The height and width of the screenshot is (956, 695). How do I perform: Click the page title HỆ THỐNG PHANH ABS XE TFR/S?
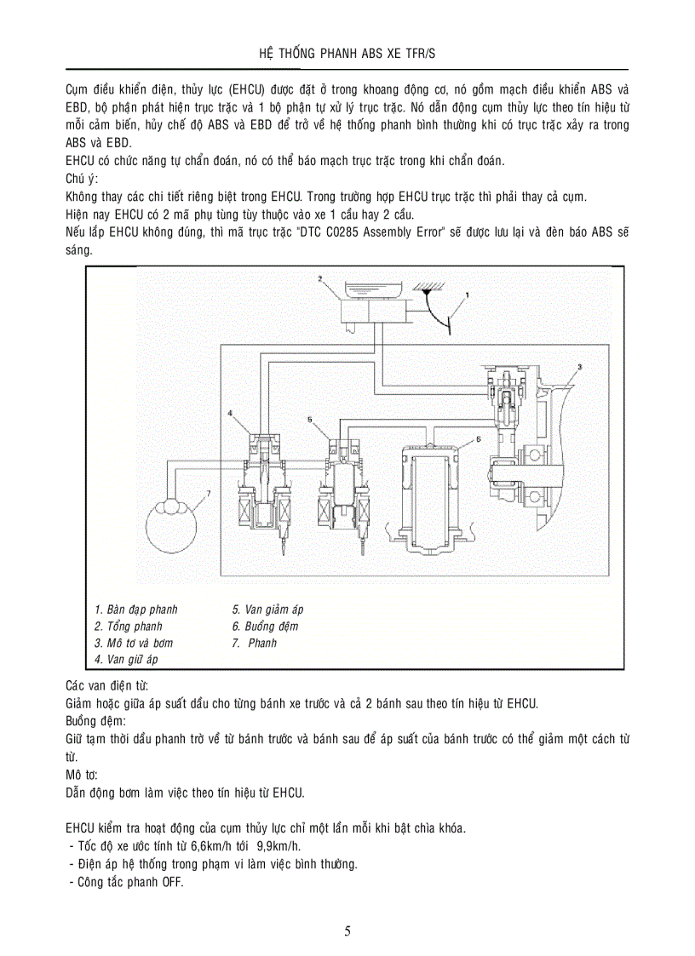coord(347,54)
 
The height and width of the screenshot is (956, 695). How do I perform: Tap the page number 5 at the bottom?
coord(347,930)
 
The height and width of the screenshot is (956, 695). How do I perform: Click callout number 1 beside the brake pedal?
coord(467,295)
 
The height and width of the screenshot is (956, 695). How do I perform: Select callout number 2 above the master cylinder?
coord(319,278)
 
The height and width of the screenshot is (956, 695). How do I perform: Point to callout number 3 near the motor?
coord(578,366)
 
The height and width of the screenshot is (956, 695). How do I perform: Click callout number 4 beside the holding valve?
coord(230,412)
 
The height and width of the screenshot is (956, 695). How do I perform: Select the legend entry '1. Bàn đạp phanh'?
coord(136,610)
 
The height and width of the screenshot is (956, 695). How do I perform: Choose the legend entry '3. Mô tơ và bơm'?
coord(134,643)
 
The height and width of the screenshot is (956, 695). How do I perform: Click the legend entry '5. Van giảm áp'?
coord(267,610)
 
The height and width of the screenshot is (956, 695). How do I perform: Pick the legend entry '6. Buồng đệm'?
coord(265,627)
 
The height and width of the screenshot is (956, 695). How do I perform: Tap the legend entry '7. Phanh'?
coord(255,643)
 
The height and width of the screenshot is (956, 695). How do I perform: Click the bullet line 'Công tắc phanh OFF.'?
coord(125,882)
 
